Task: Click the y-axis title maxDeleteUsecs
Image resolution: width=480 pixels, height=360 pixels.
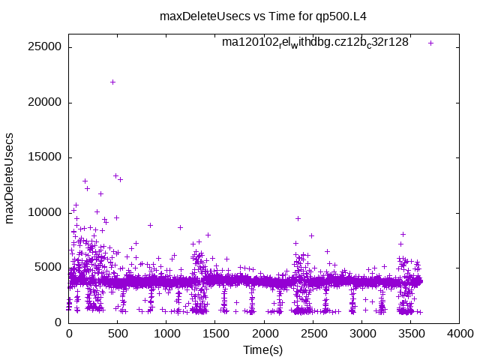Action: pos(10,178)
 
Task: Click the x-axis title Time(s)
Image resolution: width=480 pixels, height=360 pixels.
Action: pos(263,349)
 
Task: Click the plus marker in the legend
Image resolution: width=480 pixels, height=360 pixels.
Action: pos(430,43)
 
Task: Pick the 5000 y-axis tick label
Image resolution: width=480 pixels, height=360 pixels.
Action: pos(49,267)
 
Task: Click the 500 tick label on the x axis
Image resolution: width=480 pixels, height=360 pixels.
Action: pos(118,334)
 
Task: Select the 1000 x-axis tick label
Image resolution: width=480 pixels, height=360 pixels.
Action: pos(166,334)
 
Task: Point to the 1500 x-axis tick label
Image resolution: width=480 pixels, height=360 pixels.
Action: pos(215,334)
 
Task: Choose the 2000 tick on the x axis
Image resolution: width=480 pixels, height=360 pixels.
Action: pos(264,334)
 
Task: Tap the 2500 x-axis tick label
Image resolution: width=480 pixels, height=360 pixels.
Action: pos(313,334)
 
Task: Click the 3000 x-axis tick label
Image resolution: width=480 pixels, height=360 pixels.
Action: pos(361,334)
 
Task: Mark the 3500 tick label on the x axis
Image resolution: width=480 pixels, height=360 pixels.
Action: pos(410,334)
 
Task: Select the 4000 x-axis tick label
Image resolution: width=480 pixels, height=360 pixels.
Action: pos(459,334)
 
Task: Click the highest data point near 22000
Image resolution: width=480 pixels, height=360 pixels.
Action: pos(112,82)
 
